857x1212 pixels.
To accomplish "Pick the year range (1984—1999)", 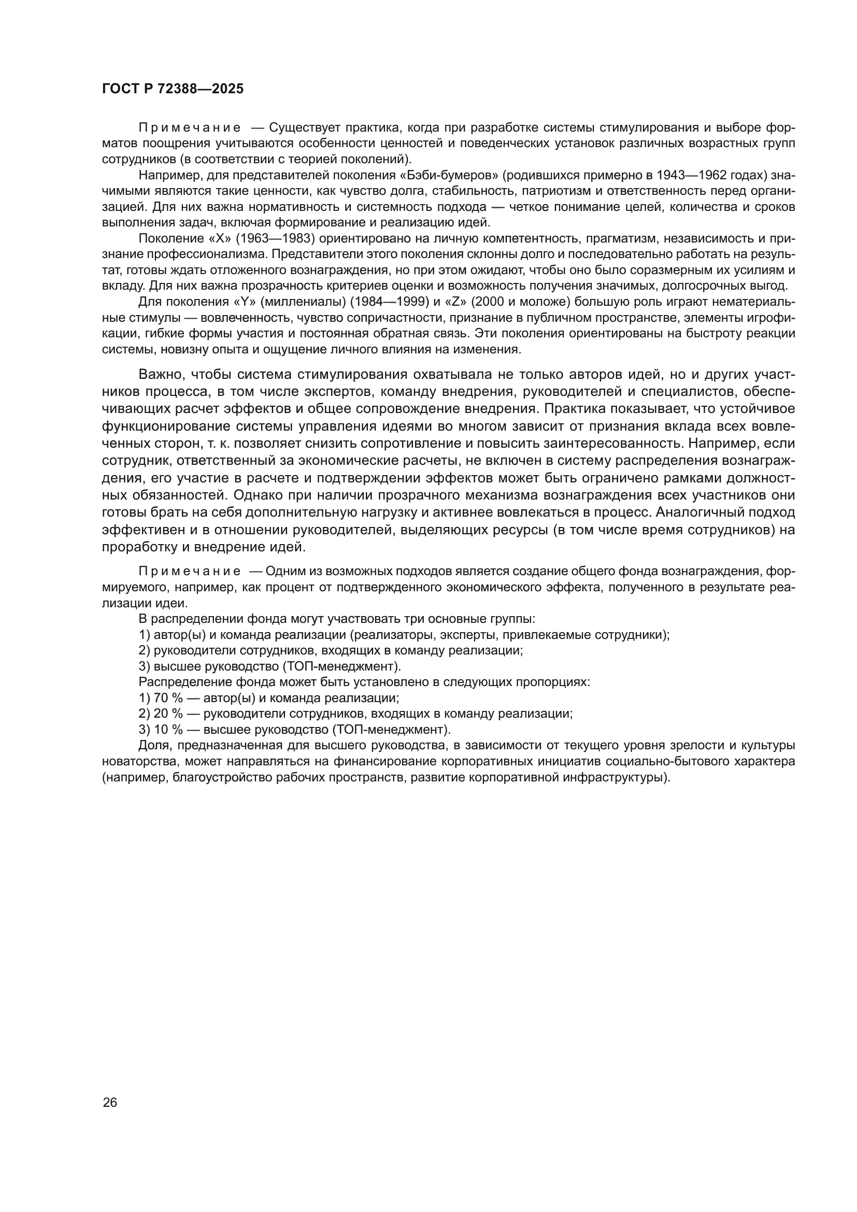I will click(390, 302).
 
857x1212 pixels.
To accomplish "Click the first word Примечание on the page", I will click(190, 129).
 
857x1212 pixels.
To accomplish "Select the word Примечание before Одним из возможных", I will click(190, 571).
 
